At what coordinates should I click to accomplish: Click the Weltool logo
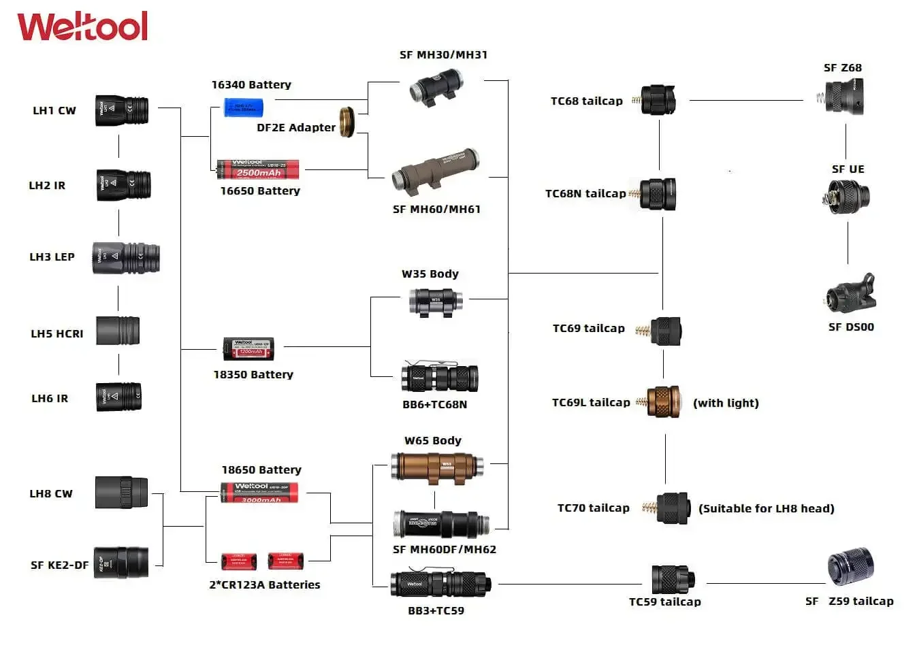click(82, 27)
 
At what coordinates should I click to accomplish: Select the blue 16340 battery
click(243, 107)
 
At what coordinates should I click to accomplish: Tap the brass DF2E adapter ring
click(347, 121)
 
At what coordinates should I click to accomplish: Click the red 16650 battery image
click(258, 169)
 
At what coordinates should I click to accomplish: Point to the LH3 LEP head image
click(126, 258)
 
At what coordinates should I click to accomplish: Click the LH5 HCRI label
click(57, 333)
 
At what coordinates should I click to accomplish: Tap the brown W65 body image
click(436, 466)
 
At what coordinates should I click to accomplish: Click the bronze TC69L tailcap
click(662, 401)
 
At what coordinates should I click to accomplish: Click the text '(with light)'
click(726, 403)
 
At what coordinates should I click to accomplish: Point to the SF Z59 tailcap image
click(850, 565)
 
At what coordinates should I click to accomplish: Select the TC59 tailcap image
click(672, 579)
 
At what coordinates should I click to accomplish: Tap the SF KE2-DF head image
click(121, 562)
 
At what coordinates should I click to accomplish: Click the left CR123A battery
click(239, 561)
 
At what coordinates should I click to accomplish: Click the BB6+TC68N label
click(434, 404)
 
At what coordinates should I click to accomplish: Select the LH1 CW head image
click(122, 110)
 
